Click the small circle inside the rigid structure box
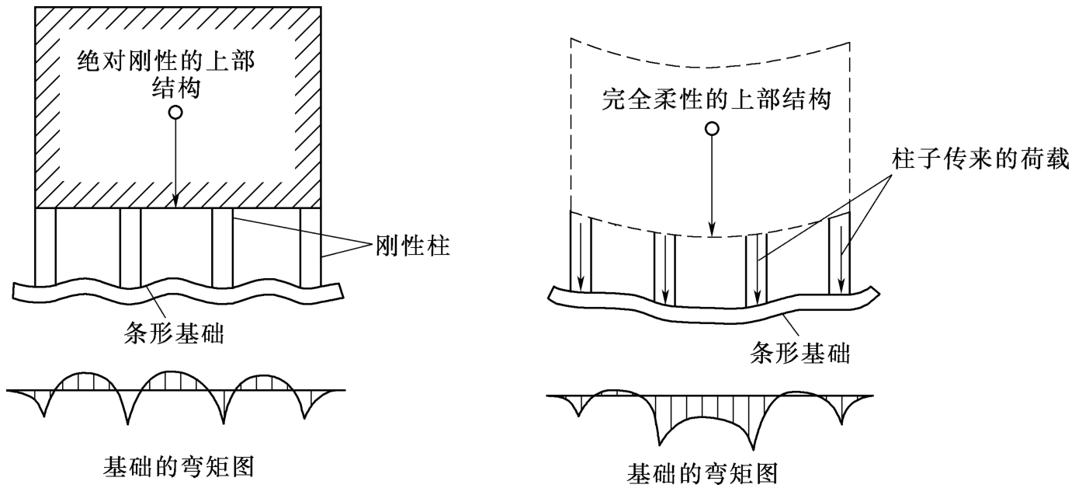coord(176,113)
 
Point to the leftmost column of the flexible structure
coord(581,253)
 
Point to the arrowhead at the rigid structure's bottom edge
coord(176,203)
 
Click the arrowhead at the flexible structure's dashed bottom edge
coord(712,230)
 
